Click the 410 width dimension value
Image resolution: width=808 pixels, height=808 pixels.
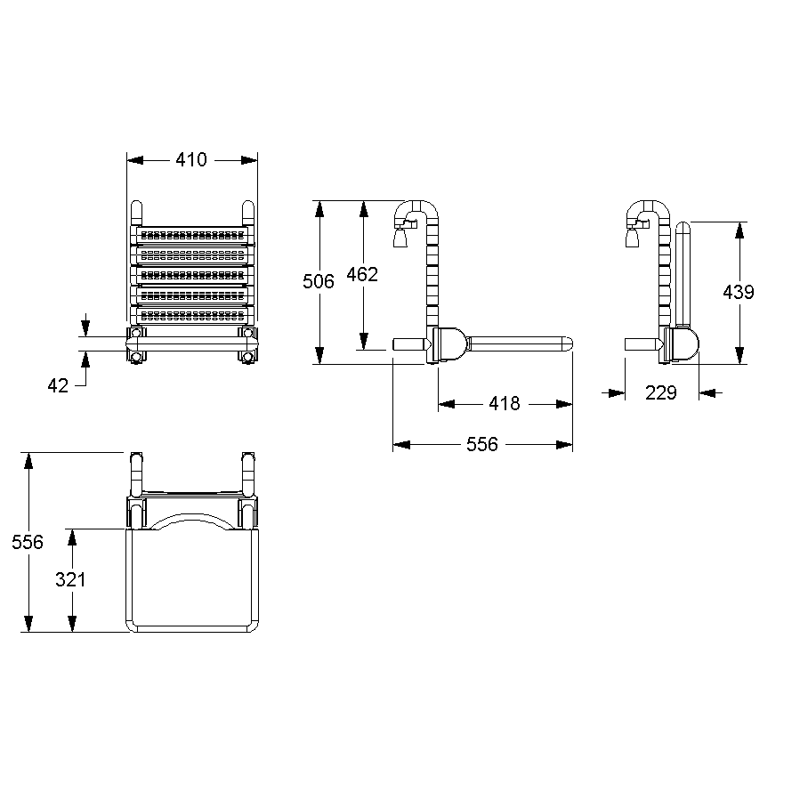click(191, 160)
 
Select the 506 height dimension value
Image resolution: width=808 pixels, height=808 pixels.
click(318, 281)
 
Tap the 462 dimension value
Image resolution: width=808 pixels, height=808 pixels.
click(362, 274)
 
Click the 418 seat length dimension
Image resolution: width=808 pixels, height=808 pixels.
click(504, 404)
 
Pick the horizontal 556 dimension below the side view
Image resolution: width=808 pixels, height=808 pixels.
click(482, 445)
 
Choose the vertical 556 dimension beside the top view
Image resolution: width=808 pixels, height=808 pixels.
click(28, 542)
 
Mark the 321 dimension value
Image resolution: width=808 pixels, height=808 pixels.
click(70, 579)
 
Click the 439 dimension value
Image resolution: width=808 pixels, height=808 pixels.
click(738, 291)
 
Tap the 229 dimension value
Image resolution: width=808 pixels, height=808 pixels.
click(660, 392)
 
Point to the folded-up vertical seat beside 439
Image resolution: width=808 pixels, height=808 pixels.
click(683, 276)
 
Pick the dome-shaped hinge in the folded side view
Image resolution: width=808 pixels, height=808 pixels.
click(683, 345)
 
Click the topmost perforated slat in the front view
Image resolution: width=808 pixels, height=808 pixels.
click(192, 235)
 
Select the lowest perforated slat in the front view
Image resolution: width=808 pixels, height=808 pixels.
click(192, 314)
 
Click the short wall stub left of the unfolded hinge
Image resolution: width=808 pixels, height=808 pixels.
click(409, 343)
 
